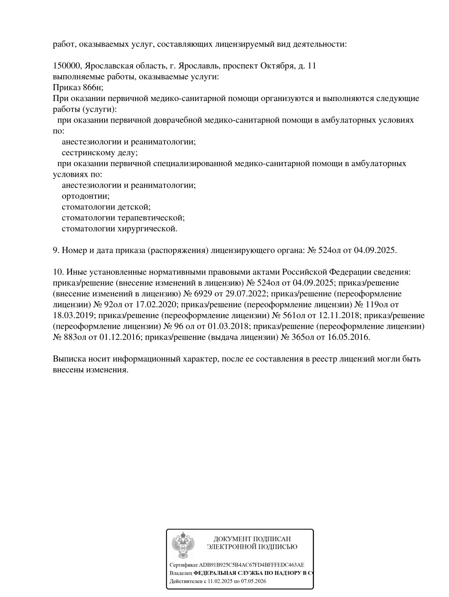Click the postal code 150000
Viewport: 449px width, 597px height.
pos(67,66)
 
